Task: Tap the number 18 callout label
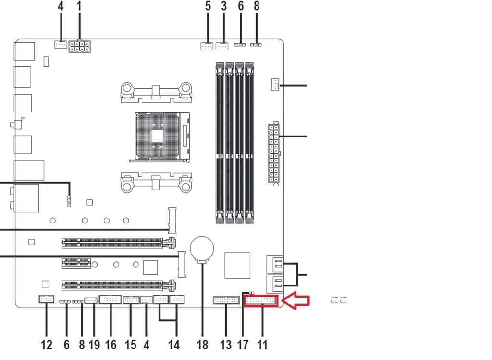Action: click(x=202, y=345)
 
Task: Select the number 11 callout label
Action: click(x=262, y=345)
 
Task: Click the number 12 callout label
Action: click(x=46, y=345)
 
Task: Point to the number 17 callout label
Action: click(x=243, y=345)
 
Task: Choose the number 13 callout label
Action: click(x=225, y=345)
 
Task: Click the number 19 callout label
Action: click(x=94, y=345)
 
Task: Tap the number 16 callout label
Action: click(x=111, y=345)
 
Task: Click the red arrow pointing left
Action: click(x=295, y=301)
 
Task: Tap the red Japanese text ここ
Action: click(x=338, y=301)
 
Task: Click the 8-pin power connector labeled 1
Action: click(x=80, y=47)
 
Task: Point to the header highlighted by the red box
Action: click(x=261, y=301)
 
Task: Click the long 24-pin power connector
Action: click(x=274, y=153)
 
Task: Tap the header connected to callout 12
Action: click(x=46, y=300)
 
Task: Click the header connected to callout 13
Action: click(x=226, y=300)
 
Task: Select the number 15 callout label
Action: click(x=130, y=345)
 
